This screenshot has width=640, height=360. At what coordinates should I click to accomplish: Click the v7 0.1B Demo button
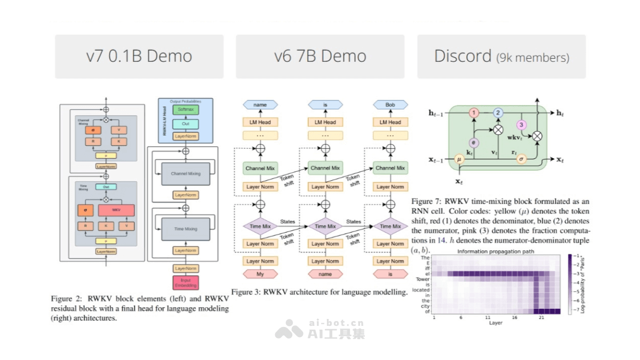(x=139, y=57)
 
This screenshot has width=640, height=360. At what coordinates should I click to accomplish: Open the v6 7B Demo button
(x=320, y=57)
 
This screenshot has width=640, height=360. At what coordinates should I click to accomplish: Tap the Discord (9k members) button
(x=501, y=57)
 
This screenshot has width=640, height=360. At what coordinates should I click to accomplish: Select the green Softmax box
(x=185, y=109)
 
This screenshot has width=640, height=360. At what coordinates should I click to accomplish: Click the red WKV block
(x=116, y=210)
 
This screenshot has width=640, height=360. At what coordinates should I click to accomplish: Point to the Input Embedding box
(x=186, y=283)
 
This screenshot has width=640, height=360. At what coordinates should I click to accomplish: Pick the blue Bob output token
(x=390, y=105)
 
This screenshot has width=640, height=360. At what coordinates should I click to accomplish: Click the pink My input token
(x=260, y=274)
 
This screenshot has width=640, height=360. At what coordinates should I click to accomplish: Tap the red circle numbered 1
(x=473, y=113)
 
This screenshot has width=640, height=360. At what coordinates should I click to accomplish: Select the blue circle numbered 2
(x=498, y=113)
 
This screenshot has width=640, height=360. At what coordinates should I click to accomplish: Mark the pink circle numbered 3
(x=522, y=125)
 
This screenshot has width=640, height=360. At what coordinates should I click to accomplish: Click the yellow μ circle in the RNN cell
(x=459, y=159)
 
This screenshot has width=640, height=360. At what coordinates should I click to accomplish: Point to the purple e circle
(x=473, y=142)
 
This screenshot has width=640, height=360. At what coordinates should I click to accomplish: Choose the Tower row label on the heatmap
(x=422, y=279)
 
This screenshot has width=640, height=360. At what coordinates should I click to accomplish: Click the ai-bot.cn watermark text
(x=337, y=323)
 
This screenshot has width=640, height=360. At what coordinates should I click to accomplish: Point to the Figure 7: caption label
(x=427, y=202)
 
